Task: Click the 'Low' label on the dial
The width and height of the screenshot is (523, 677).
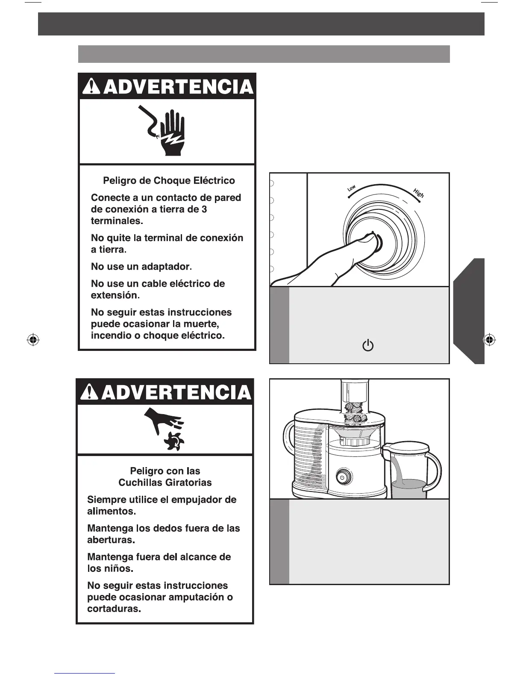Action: (351, 188)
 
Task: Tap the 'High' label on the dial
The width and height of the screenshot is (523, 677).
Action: (419, 193)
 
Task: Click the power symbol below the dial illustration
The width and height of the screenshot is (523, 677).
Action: (367, 345)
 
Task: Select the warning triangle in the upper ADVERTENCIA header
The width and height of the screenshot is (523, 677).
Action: (92, 87)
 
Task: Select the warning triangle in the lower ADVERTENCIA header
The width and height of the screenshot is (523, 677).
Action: (89, 392)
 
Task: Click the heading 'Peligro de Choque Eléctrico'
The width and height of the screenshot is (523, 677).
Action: (169, 180)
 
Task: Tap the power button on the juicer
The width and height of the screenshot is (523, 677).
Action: (342, 477)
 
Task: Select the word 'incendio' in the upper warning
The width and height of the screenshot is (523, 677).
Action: (111, 336)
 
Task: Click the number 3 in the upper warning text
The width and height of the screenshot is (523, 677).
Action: (204, 209)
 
